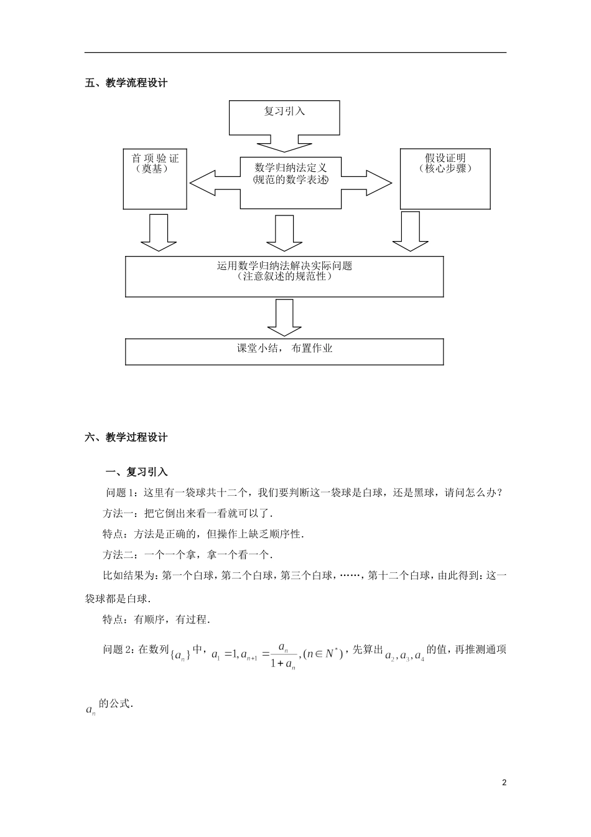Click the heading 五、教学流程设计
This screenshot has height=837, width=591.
(126, 82)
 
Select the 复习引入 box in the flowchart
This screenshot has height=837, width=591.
(284, 117)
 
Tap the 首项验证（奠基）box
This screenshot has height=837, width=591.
(155, 178)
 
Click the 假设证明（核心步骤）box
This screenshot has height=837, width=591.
(445, 178)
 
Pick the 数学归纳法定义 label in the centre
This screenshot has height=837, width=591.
(291, 168)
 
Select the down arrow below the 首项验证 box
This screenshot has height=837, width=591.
(159, 233)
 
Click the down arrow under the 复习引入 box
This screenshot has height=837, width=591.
(284, 144)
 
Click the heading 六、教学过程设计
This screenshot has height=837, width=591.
(126, 437)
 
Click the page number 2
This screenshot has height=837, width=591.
(504, 782)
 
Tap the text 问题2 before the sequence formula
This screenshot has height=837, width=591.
(117, 650)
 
